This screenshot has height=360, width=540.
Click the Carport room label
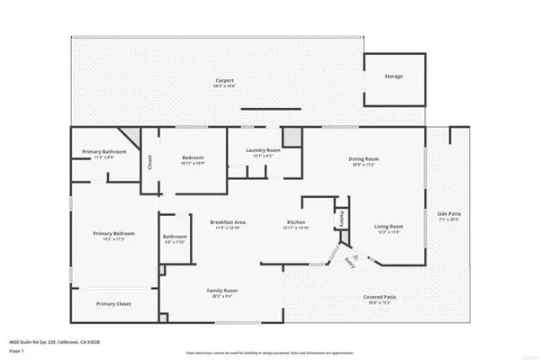[225, 80]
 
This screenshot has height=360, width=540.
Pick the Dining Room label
[364, 159]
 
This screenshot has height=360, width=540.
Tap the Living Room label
[389, 227]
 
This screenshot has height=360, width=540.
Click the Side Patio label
[447, 214]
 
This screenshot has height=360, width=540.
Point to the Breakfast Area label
[229, 221]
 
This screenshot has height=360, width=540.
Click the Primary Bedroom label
[113, 233]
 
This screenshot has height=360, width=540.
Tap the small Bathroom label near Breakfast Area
[174, 238]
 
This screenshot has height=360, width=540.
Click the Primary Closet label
[113, 304]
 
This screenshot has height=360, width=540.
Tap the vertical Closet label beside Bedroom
[149, 162]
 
